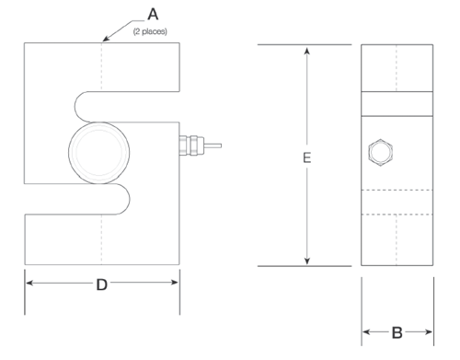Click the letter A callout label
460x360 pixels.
click(x=153, y=15)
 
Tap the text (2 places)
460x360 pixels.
click(x=150, y=31)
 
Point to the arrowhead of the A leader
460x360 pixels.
click(x=106, y=39)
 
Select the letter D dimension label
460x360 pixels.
click(x=102, y=285)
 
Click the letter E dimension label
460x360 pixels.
click(x=306, y=157)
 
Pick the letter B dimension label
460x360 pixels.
click(x=397, y=332)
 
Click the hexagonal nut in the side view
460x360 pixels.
click(x=380, y=153)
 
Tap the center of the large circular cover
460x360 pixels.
click(x=98, y=153)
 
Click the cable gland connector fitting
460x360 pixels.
click(x=191, y=145)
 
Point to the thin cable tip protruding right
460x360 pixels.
click(x=221, y=145)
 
